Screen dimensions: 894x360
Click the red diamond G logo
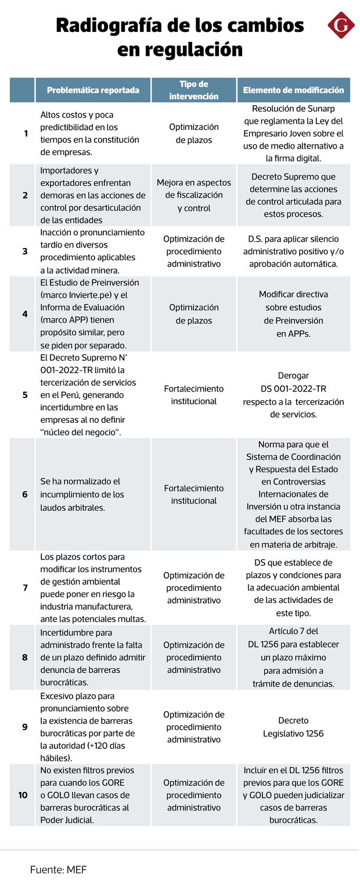click(341, 25)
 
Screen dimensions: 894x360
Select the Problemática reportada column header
click(93, 90)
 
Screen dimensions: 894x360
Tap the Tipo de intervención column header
click(194, 90)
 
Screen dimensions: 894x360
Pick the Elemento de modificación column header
click(293, 90)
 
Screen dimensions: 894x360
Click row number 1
click(26, 134)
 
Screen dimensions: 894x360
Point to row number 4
click(25, 314)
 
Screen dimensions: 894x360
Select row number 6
click(25, 494)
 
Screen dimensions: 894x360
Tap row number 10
click(23, 795)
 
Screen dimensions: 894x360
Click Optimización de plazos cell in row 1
click(194, 134)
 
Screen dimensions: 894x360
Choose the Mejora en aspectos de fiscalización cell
click(194, 195)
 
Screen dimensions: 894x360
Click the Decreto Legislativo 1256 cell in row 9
click(293, 727)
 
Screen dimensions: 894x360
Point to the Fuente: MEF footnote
click(58, 870)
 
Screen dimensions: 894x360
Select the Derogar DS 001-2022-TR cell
click(293, 395)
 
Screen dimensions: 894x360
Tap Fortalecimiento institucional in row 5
click(194, 395)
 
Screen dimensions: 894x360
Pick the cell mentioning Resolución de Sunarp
click(293, 134)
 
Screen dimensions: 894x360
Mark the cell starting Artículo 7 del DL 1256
click(293, 657)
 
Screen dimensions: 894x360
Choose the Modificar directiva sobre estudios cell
click(293, 314)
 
